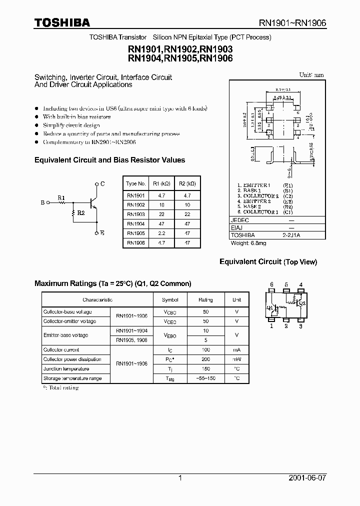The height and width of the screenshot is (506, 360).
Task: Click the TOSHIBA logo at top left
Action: click(62, 22)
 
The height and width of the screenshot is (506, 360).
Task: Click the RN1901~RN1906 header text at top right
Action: click(292, 22)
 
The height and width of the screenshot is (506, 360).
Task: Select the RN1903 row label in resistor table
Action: click(135, 214)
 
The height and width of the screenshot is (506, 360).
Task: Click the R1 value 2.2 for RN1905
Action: click(161, 233)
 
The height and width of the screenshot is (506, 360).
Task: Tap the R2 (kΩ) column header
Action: click(187, 183)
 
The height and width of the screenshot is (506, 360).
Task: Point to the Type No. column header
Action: click(135, 183)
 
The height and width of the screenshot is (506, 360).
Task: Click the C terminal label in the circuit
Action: click(102, 184)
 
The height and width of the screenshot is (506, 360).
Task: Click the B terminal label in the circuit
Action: click(42, 203)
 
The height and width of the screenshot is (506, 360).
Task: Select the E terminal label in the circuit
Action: click(102, 233)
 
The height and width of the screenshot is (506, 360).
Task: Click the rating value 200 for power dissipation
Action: click(205, 359)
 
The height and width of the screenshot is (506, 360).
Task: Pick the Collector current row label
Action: click(61, 350)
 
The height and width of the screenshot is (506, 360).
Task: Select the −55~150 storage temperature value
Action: click(205, 378)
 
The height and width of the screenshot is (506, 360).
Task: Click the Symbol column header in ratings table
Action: click(170, 300)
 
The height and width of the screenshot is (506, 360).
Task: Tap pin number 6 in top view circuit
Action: click(271, 285)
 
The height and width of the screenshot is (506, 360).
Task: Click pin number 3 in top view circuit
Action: click(300, 326)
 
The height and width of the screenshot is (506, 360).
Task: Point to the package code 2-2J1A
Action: click(298, 235)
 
